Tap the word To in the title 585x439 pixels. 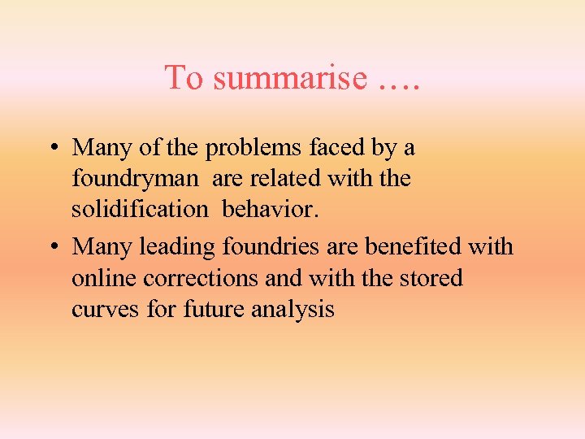click(x=183, y=78)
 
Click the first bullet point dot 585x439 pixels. click(x=51, y=149)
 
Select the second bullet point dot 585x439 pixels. click(x=51, y=246)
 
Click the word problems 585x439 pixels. click(x=255, y=149)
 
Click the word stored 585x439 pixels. click(x=430, y=278)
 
